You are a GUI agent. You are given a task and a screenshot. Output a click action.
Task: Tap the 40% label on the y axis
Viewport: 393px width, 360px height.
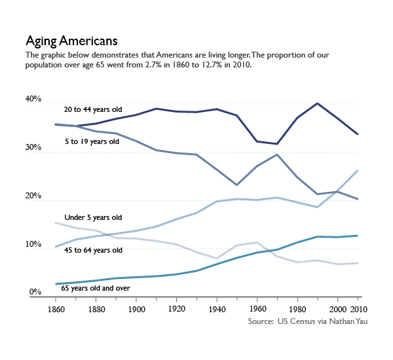point(33,100)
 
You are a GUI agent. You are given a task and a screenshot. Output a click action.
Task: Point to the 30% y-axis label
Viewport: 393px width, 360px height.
point(33,149)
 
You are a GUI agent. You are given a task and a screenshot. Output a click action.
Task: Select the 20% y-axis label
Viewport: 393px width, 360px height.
point(33,197)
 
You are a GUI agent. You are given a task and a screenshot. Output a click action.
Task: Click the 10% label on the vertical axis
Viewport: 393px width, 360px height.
point(33,245)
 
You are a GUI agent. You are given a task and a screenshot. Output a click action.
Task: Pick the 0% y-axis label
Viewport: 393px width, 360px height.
point(35,293)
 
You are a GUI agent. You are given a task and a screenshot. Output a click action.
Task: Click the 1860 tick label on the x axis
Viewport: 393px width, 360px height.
point(56,309)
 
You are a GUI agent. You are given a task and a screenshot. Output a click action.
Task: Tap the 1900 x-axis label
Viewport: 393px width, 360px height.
point(136,309)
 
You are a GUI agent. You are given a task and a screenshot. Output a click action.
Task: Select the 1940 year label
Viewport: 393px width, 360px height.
point(217,309)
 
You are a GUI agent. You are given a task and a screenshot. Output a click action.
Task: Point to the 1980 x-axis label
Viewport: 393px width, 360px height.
point(297,309)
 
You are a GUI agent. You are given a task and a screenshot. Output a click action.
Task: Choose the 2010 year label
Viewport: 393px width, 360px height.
point(357,309)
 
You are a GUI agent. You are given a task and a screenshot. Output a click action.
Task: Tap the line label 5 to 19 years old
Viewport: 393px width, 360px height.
point(92,141)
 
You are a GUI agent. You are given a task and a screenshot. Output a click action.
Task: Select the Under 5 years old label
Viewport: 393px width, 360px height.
point(93,217)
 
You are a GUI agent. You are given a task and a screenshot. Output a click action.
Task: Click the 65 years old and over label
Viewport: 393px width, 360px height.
point(96,287)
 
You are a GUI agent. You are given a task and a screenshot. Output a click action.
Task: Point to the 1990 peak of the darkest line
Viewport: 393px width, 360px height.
point(317,103)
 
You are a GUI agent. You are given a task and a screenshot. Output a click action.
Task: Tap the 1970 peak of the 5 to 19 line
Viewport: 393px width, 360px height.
point(277,154)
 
